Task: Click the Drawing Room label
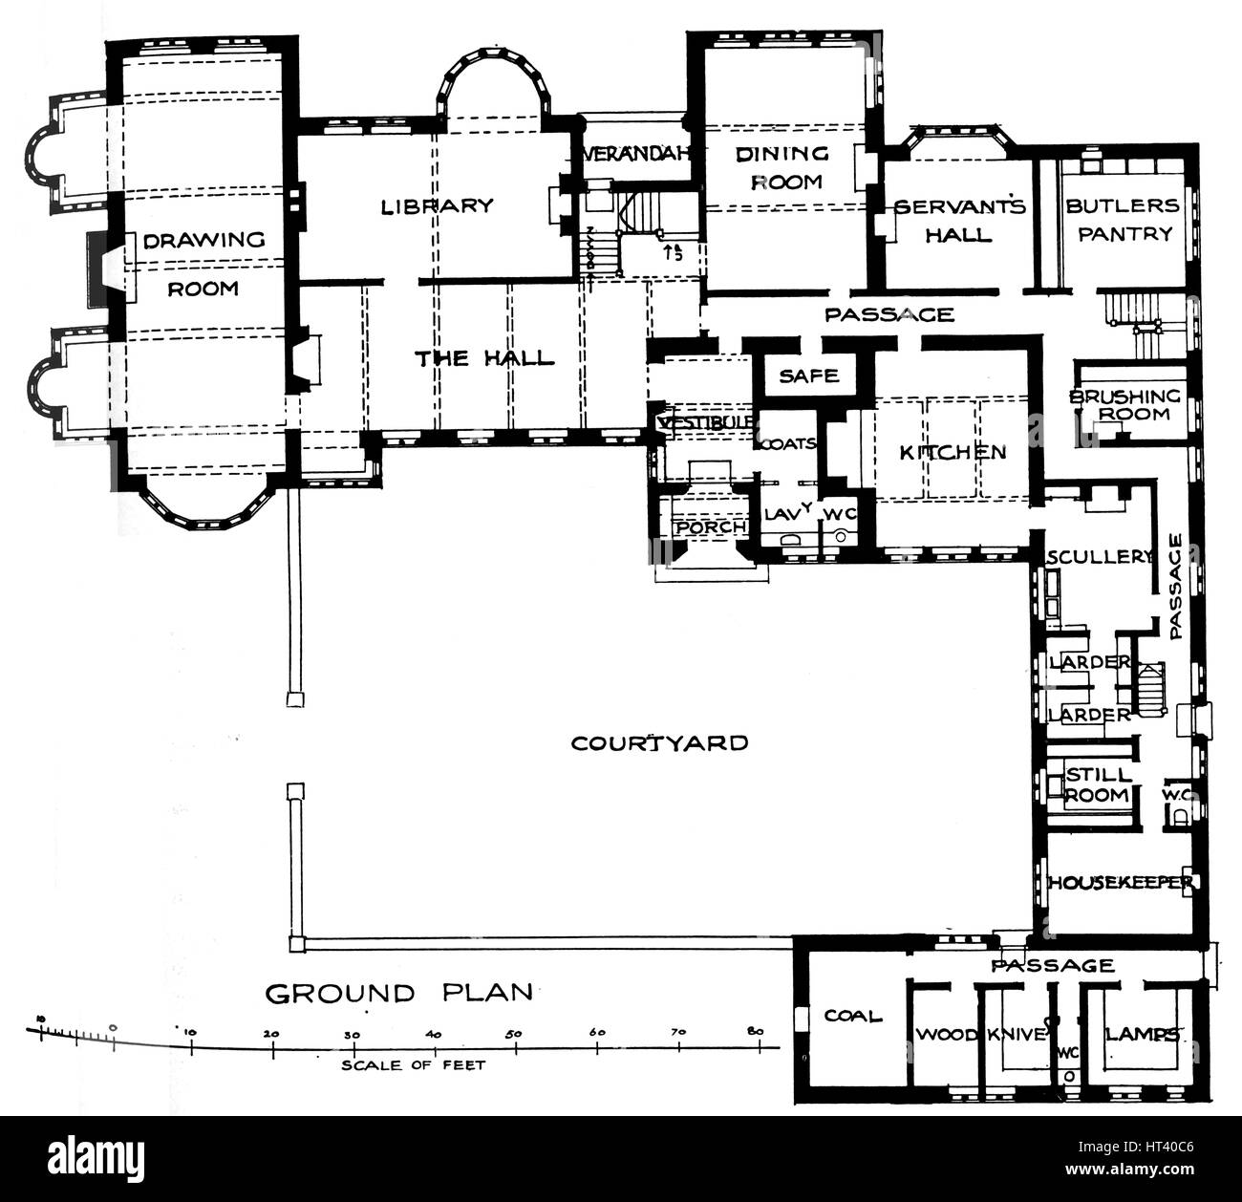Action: [x=203, y=264]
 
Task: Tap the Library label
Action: [x=437, y=205]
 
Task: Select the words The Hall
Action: [x=483, y=358]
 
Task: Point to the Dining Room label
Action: [x=781, y=167]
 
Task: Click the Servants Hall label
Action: [x=958, y=220]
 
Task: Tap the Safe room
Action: [x=808, y=376]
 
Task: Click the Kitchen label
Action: [x=953, y=452]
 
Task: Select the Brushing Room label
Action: [x=1124, y=404]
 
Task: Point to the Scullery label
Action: [x=1099, y=556]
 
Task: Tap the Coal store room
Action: [x=852, y=1017]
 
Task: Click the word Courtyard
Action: [x=658, y=742]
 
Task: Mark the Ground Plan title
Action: [x=398, y=993]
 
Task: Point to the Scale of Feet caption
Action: [x=413, y=1064]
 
